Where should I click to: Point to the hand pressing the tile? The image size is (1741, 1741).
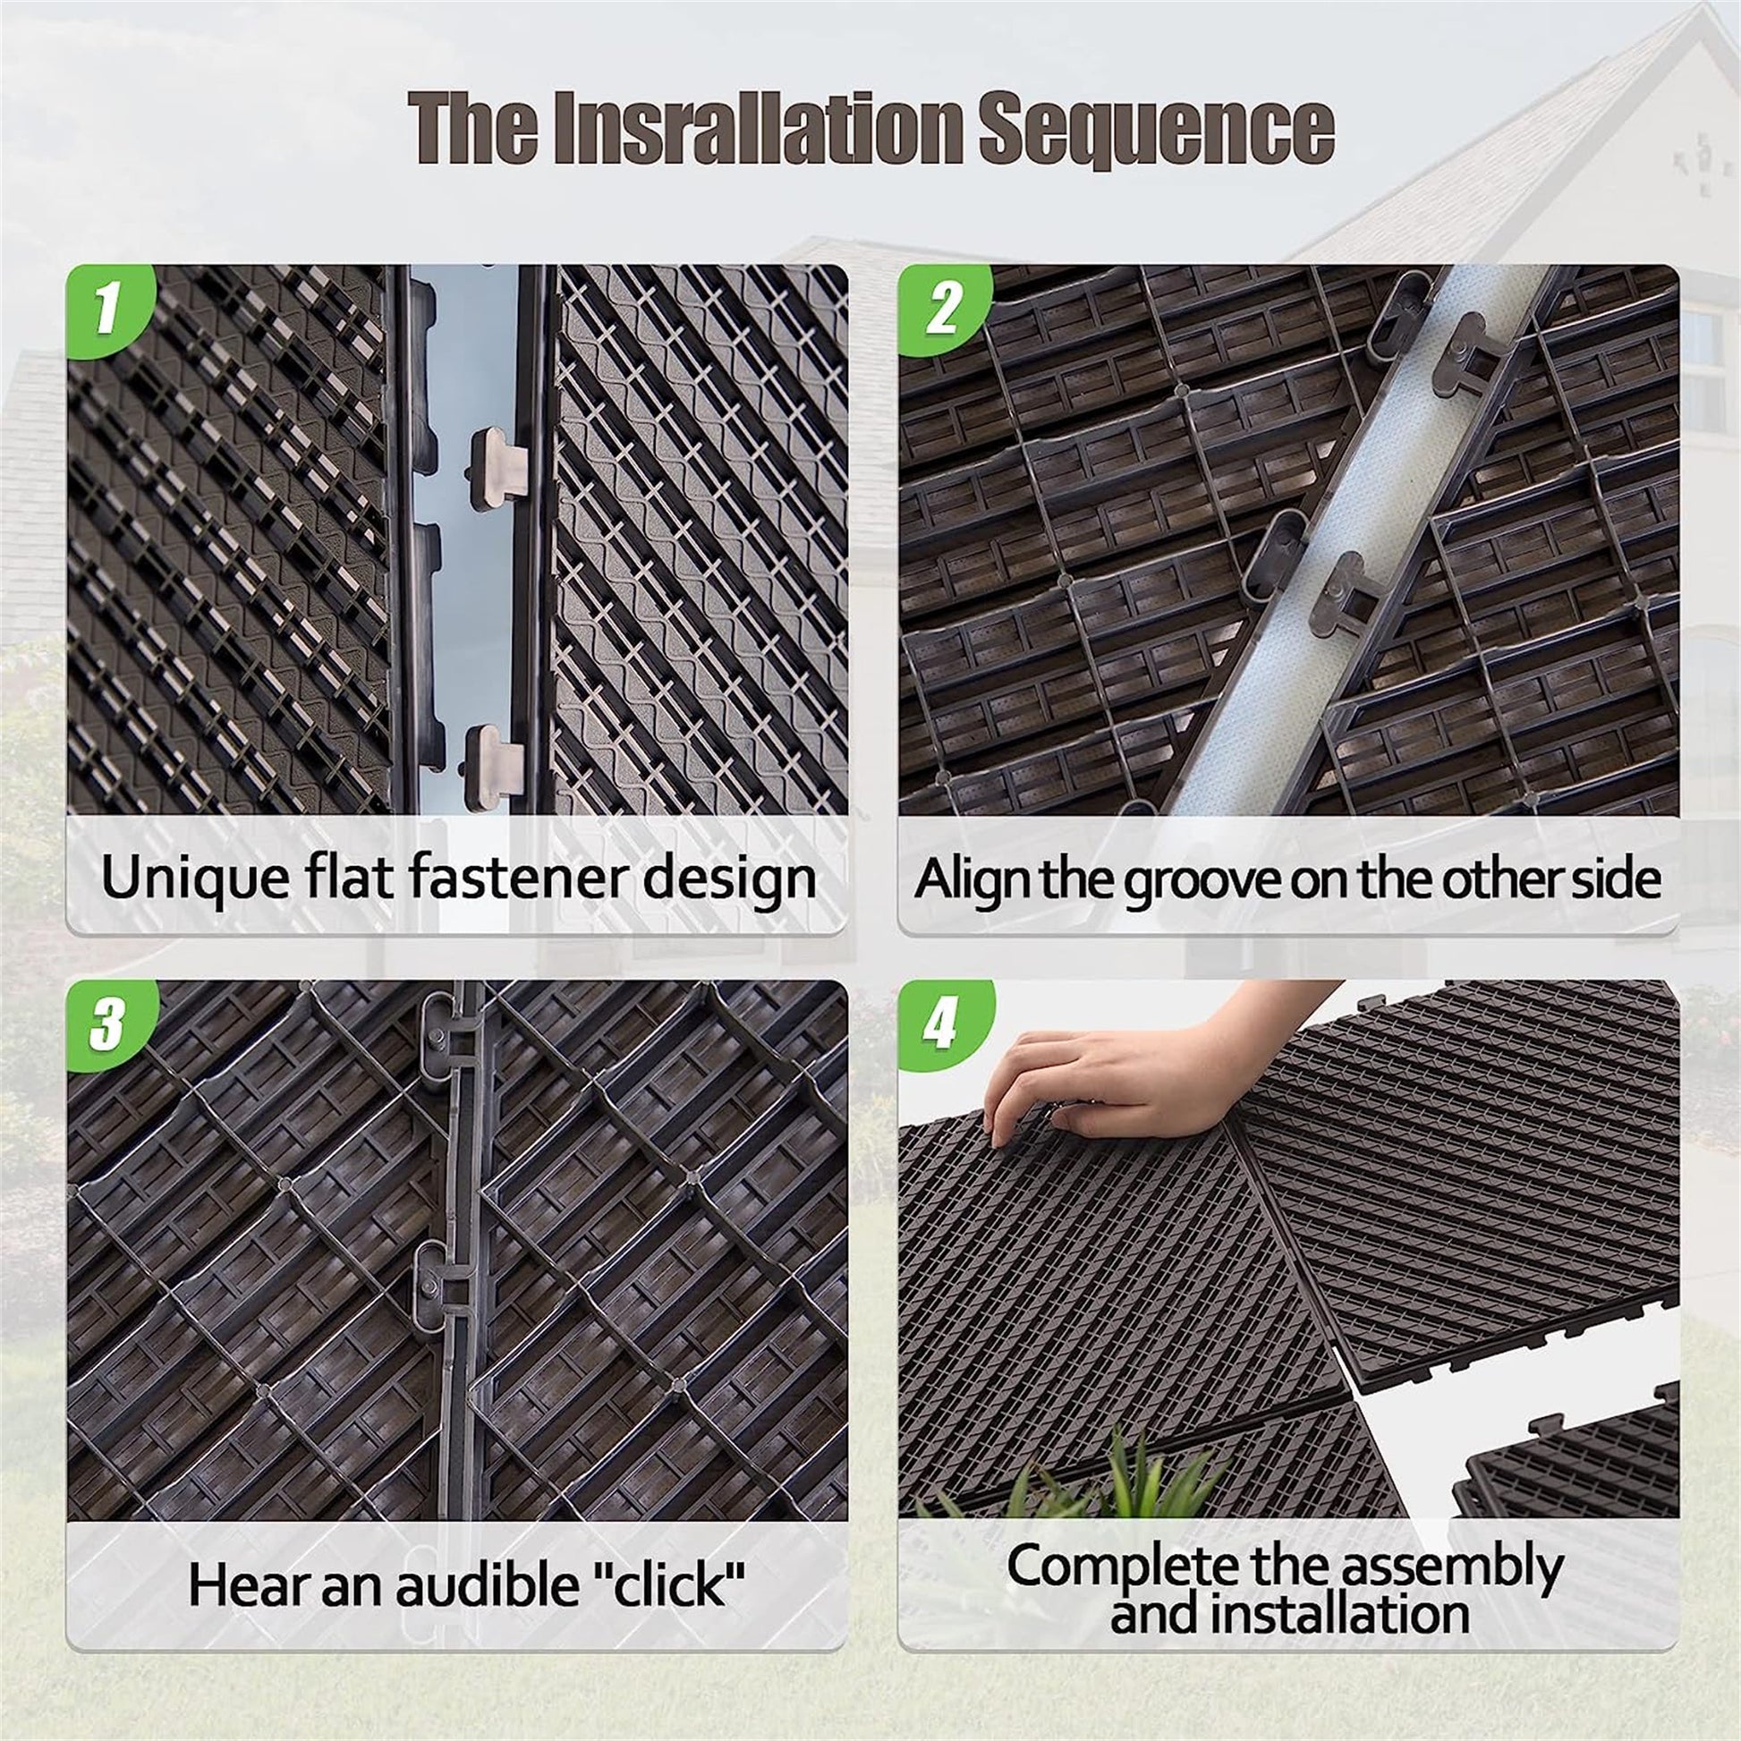tap(1108, 1077)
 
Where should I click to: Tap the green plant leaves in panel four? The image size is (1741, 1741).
tap(1117, 1478)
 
